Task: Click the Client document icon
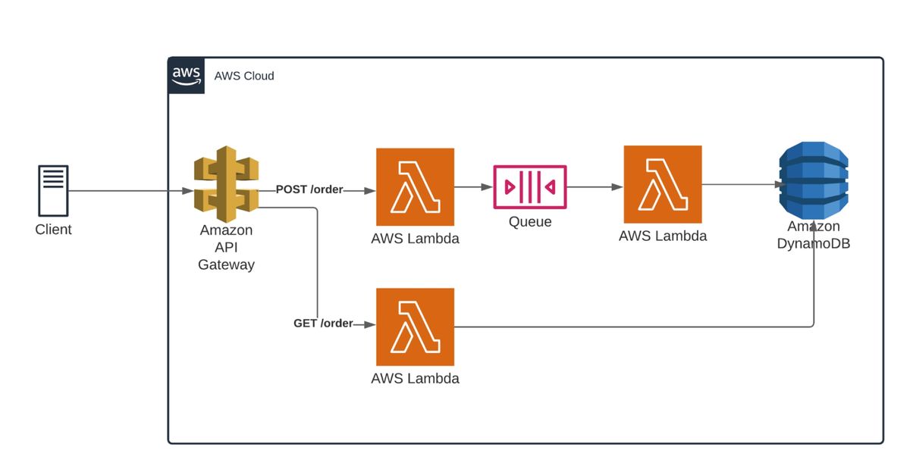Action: [x=53, y=189]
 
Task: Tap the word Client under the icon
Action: [x=53, y=230]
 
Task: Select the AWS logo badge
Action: [x=187, y=76]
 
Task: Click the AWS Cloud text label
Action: [x=244, y=76]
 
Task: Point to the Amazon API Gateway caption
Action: [x=226, y=247]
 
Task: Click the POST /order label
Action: [x=309, y=189]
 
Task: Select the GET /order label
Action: [x=323, y=324]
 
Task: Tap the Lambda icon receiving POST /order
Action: [x=415, y=186]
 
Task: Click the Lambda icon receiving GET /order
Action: [x=415, y=326]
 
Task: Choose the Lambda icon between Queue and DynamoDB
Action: [x=663, y=184]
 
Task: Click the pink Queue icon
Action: [x=529, y=186]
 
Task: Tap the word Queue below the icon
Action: [x=529, y=222]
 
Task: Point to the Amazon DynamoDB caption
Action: [x=814, y=235]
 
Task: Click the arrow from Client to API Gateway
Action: [x=129, y=191]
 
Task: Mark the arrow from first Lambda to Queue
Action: [x=474, y=186]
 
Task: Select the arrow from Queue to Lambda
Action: [x=595, y=186]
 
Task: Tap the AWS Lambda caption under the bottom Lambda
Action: [x=415, y=378]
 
